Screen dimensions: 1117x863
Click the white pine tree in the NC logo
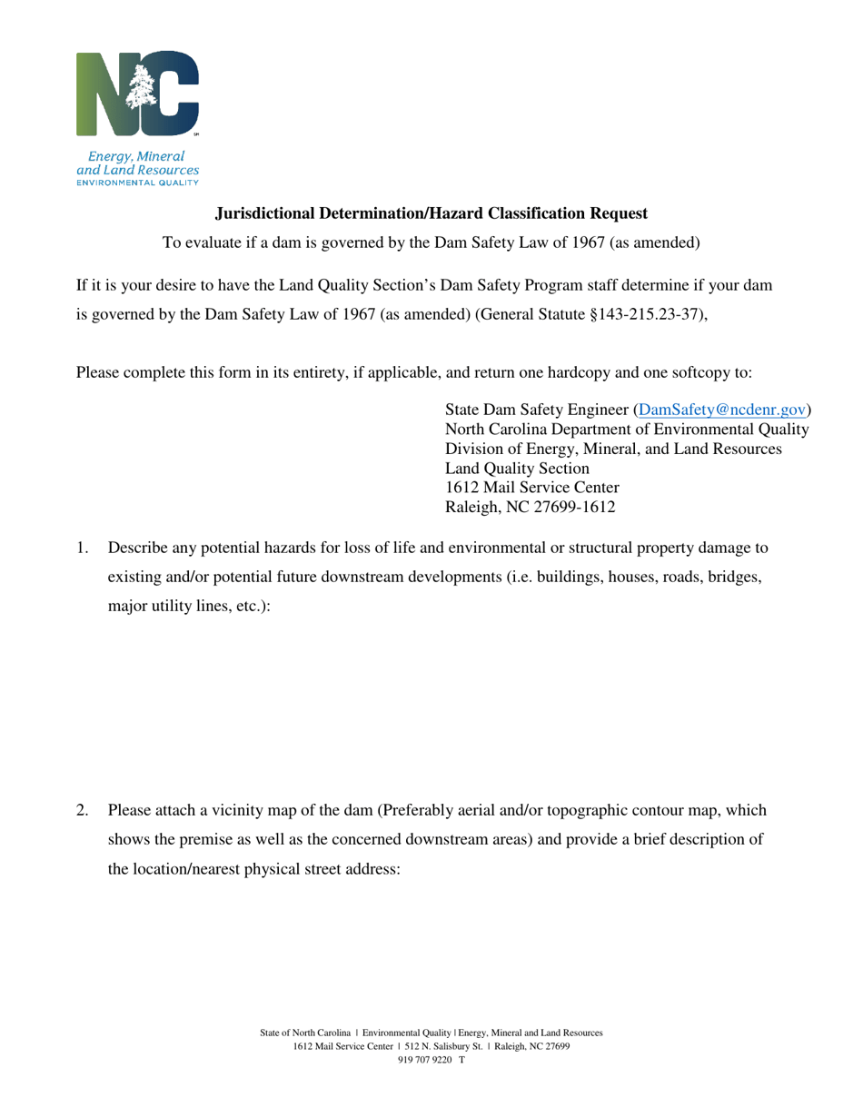click(144, 90)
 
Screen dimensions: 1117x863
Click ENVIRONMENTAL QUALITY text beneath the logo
click(137, 183)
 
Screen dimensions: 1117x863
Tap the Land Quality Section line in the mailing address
click(517, 469)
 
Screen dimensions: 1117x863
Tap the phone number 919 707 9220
click(425, 1059)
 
